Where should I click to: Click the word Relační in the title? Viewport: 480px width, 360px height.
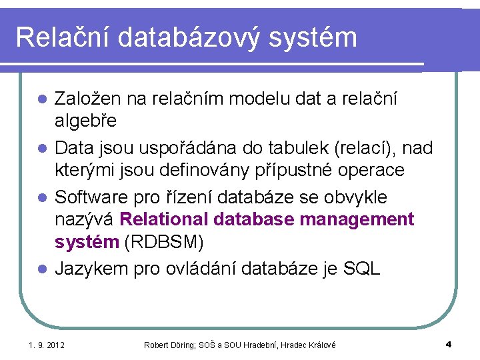63,37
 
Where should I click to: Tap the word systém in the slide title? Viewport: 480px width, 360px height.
317,37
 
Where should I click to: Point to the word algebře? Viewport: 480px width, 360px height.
86,121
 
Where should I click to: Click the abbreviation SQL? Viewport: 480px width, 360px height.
361,269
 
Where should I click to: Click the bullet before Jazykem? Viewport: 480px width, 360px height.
41,269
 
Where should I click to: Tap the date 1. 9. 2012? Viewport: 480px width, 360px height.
47,345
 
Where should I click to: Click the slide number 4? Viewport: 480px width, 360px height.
449,344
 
